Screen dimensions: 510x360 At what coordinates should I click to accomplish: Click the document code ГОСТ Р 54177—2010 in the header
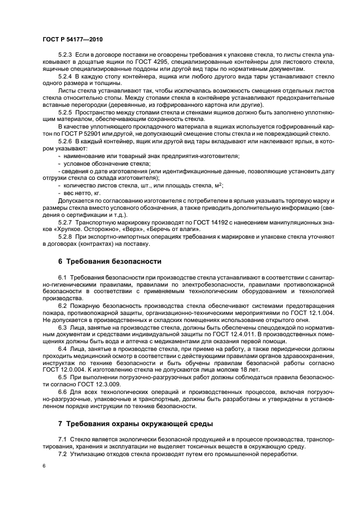tap(72, 40)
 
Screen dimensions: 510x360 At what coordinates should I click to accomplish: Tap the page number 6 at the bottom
tap(44, 466)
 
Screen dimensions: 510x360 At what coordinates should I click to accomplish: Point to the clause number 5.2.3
tap(66, 56)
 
